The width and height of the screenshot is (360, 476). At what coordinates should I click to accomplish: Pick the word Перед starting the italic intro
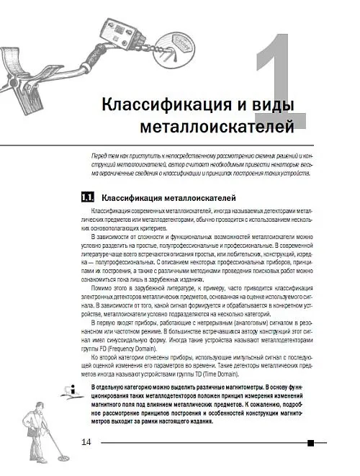click(94, 156)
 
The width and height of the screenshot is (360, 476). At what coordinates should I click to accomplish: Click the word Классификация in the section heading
click(132, 197)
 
